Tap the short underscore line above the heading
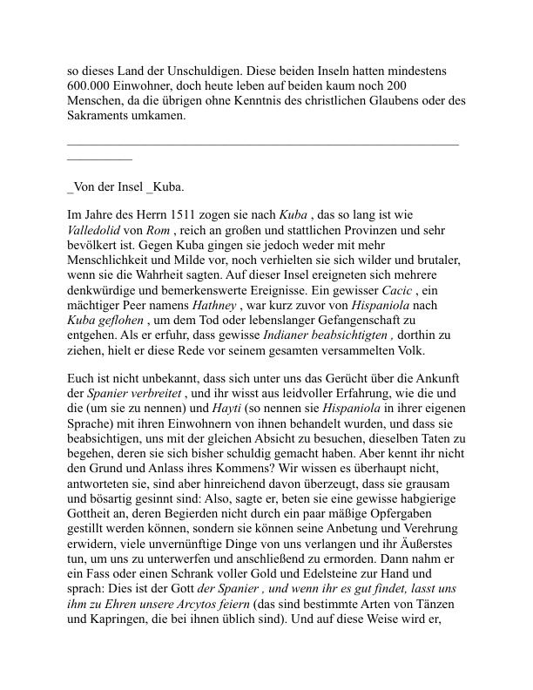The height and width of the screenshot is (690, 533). [x=99, y=159]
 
